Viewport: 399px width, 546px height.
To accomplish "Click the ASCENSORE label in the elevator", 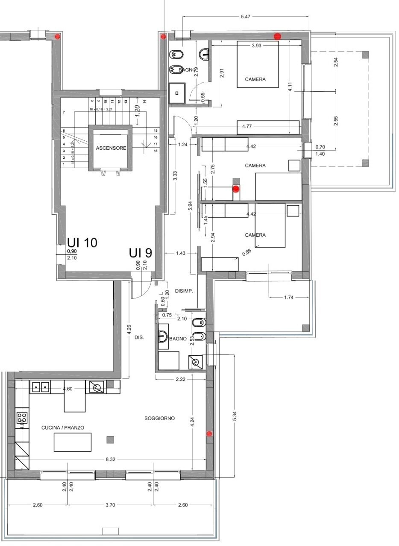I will click(x=111, y=148).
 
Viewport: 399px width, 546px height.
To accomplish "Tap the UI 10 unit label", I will click(x=82, y=243).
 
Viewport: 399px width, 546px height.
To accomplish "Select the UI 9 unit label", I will click(x=141, y=253).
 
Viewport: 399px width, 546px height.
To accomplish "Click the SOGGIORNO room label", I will click(x=159, y=418).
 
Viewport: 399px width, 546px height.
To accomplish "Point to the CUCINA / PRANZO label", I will click(x=62, y=427).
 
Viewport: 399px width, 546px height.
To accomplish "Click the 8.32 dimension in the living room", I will click(x=111, y=459).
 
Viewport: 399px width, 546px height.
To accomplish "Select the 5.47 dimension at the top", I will click(x=245, y=17).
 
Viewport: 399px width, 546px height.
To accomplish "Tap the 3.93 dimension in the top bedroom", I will click(x=256, y=46).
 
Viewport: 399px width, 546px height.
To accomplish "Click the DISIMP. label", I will click(x=184, y=291).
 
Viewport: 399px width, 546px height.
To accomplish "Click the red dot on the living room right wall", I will click(x=209, y=434).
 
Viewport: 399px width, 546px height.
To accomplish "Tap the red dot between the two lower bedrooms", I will click(x=236, y=188).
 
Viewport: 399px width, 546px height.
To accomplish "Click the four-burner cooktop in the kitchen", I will click(x=22, y=418).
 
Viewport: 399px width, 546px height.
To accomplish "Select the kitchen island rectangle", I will click(x=73, y=442).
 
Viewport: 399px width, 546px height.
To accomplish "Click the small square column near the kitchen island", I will click(x=111, y=439).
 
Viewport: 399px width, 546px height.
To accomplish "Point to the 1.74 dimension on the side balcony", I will click(x=289, y=297).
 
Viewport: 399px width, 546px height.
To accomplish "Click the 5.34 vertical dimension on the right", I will click(x=234, y=416).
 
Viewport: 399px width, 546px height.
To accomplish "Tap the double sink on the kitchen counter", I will click(x=41, y=387).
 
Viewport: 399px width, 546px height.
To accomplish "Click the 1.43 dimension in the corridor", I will click(x=180, y=253).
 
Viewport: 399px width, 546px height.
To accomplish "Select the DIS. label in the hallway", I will click(x=139, y=337).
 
